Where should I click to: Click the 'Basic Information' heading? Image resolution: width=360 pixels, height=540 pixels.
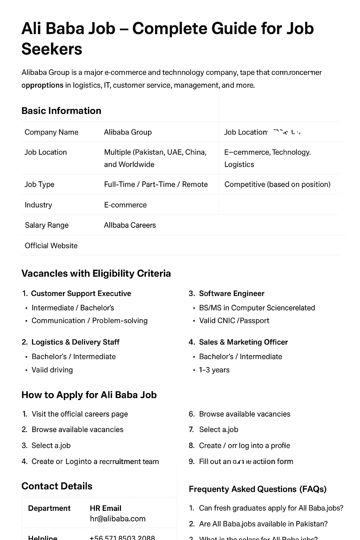point(61,111)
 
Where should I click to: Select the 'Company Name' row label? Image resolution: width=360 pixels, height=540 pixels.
point(51,132)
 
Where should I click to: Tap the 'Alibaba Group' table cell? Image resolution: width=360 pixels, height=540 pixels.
point(128,132)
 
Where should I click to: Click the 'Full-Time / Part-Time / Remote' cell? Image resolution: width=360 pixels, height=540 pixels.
point(156,185)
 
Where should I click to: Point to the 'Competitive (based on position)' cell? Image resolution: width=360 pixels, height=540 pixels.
point(277,185)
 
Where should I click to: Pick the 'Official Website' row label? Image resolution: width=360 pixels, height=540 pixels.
point(51,246)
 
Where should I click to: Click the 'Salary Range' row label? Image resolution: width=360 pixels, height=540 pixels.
point(46,225)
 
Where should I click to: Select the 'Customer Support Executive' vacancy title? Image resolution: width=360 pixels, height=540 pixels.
point(81,294)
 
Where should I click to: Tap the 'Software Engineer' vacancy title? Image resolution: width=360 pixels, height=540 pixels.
point(231,294)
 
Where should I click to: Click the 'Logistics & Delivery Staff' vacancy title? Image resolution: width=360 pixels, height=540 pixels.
point(75,342)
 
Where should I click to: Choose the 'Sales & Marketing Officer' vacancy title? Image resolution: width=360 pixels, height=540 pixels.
point(243,342)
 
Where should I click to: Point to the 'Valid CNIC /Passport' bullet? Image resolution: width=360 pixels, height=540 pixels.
point(234,321)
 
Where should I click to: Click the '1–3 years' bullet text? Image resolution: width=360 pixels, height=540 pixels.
point(214,370)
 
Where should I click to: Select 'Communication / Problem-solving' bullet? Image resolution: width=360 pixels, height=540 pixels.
point(89,321)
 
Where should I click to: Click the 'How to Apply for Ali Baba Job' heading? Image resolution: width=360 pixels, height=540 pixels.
point(89,395)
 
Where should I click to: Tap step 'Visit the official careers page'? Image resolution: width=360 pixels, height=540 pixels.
point(79,414)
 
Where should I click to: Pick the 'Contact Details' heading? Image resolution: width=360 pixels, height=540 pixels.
point(57,486)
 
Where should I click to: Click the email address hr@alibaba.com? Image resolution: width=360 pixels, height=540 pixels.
point(117,519)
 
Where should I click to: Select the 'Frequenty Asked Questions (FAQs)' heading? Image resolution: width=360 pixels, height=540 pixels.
point(257,489)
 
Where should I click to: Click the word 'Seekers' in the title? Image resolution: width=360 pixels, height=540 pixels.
point(52,49)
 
